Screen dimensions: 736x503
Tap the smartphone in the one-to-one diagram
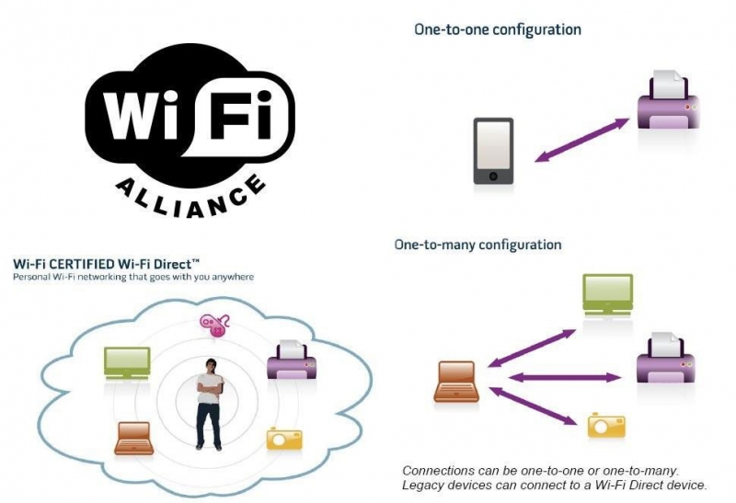[x=493, y=151]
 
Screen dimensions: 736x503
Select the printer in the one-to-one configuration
[x=668, y=100]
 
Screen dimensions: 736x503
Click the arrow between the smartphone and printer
[x=582, y=140]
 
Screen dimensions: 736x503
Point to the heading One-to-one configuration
[x=498, y=29]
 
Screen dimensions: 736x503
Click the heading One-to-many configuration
[x=477, y=245]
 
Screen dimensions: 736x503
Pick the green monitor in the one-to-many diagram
[x=608, y=294]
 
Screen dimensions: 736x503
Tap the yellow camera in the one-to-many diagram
[x=606, y=425]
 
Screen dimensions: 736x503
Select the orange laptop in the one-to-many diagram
[x=456, y=382]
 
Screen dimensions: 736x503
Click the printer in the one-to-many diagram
[x=665, y=358]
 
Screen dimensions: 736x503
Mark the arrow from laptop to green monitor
[x=532, y=348]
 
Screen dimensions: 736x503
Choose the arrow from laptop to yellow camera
[x=533, y=406]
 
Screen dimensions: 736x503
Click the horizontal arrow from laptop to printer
[x=565, y=377]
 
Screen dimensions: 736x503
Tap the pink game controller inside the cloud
[x=214, y=325]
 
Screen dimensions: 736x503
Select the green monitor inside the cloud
[x=127, y=363]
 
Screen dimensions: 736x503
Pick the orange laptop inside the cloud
[x=134, y=439]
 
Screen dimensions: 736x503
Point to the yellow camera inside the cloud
[x=284, y=439]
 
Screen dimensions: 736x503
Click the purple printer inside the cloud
[x=292, y=360]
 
